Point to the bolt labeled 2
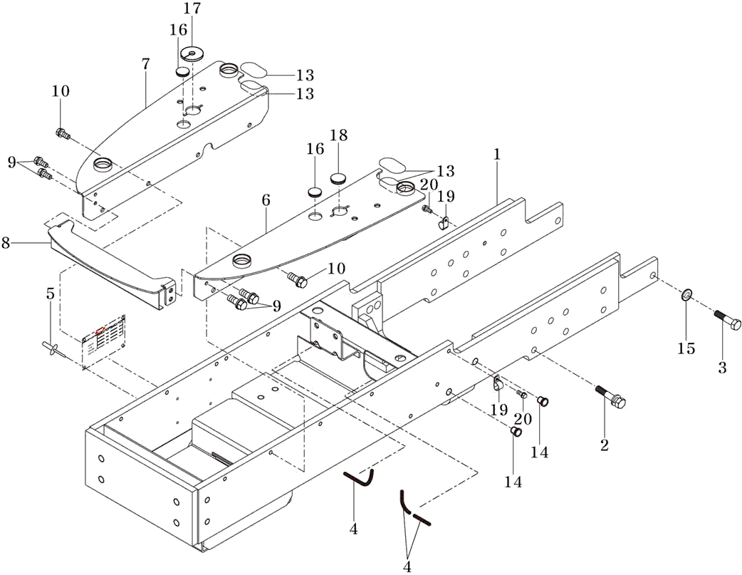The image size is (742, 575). pyautogui.click(x=612, y=398)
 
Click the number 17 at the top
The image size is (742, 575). pyautogui.click(x=192, y=9)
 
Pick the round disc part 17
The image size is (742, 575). pyautogui.click(x=193, y=53)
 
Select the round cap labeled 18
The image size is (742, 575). pyautogui.click(x=338, y=177)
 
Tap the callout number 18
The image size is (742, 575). pyautogui.click(x=338, y=136)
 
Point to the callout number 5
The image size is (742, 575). pyautogui.click(x=50, y=294)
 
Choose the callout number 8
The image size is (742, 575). pyautogui.click(x=6, y=243)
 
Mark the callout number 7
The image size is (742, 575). pyautogui.click(x=145, y=63)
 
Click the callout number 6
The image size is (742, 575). pyautogui.click(x=266, y=200)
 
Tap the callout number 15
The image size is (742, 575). pyautogui.click(x=686, y=349)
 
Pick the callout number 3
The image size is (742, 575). pyautogui.click(x=722, y=368)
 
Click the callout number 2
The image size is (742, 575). pyautogui.click(x=605, y=446)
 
